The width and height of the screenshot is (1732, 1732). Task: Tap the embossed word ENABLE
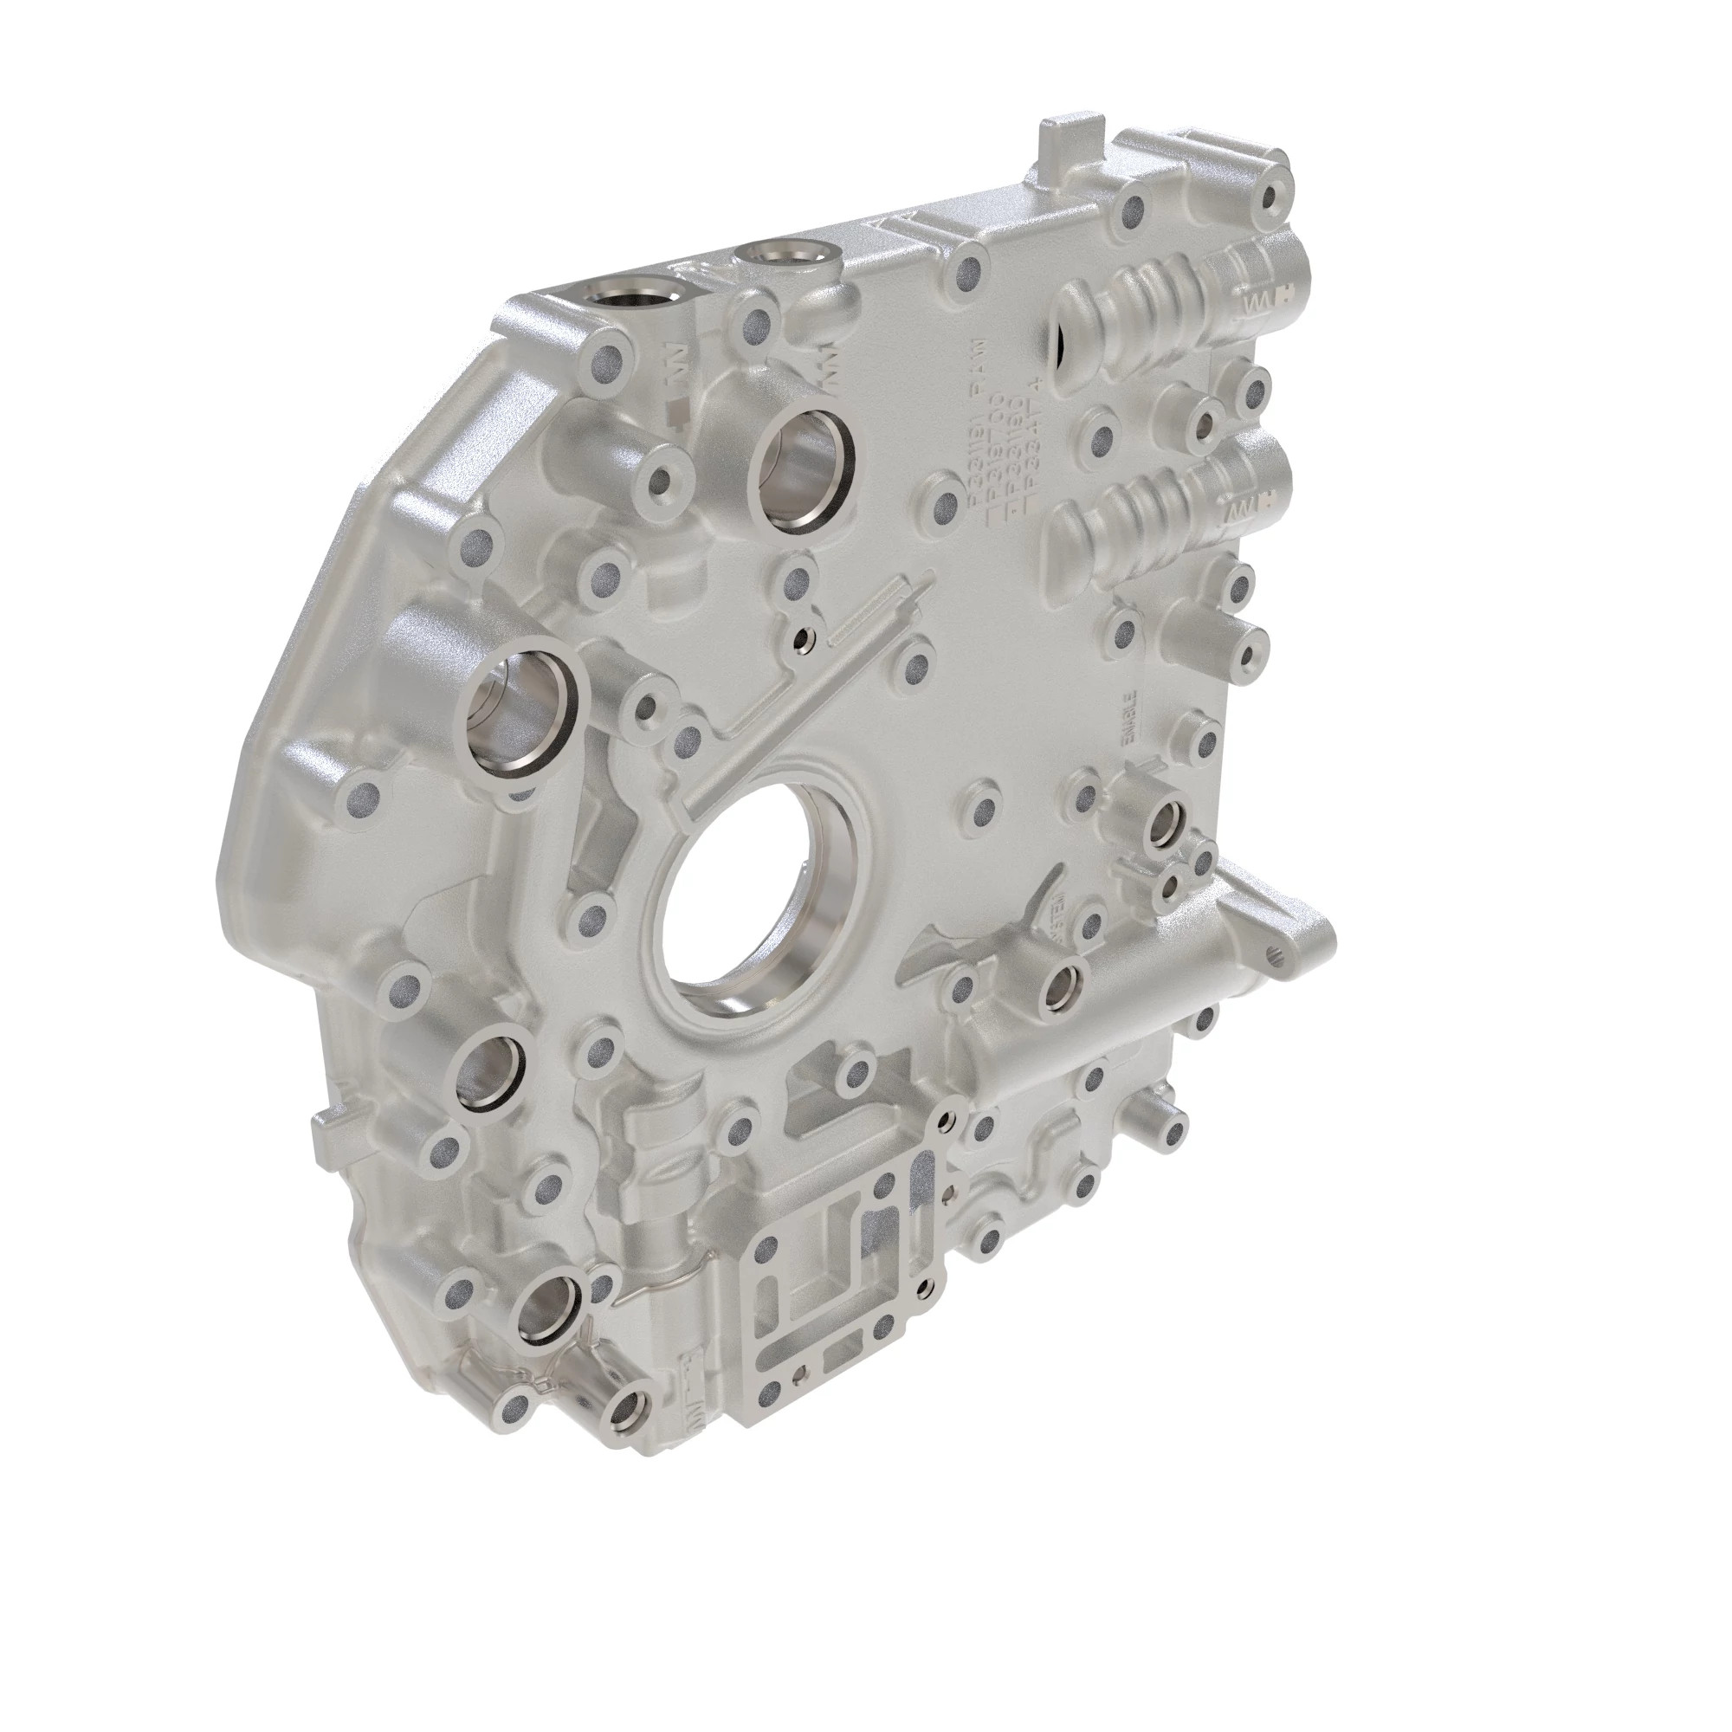click(x=1131, y=717)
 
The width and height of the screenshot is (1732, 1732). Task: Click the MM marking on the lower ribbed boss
click(x=1240, y=511)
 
